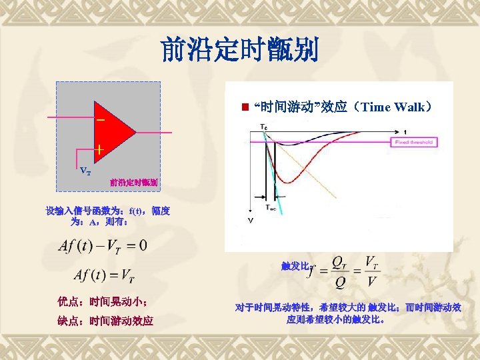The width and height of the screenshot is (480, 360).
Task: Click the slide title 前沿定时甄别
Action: pos(240,50)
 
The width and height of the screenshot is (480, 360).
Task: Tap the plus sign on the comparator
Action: pos(99,150)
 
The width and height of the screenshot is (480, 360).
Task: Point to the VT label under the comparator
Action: pos(85,171)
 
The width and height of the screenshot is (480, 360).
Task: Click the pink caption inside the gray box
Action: pos(133,181)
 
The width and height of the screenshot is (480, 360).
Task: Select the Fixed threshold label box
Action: pos(415,142)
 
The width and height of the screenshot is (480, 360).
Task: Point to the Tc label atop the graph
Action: pos(265,127)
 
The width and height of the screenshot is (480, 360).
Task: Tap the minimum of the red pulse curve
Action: pos(287,181)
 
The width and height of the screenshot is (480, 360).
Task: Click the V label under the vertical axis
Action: pos(251,219)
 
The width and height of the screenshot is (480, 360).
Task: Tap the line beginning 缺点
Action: pos(105,321)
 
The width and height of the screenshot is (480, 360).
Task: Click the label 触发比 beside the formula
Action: pos(293,266)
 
